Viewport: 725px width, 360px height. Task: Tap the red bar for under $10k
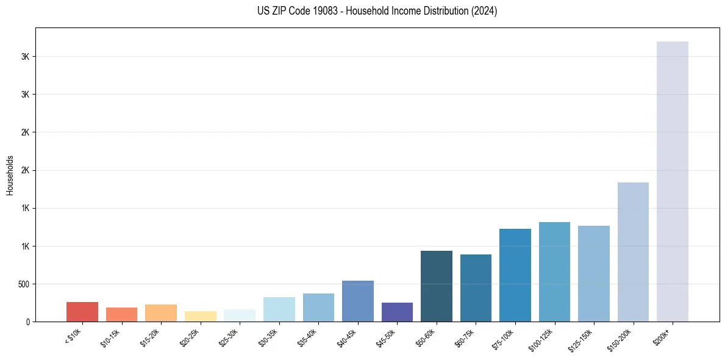click(x=82, y=312)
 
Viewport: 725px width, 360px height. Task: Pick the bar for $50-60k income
click(x=437, y=286)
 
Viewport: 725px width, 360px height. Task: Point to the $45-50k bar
click(x=397, y=312)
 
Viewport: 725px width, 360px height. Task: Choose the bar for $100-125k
click(x=554, y=272)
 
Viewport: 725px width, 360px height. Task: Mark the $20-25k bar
click(x=201, y=316)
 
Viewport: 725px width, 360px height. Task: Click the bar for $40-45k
click(x=358, y=301)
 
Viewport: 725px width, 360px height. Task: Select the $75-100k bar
click(x=515, y=275)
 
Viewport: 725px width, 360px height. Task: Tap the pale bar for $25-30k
click(x=240, y=315)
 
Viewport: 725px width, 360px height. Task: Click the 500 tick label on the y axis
click(x=24, y=284)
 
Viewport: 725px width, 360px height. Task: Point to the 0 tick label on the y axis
click(x=28, y=322)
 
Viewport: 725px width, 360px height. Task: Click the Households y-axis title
click(x=10, y=175)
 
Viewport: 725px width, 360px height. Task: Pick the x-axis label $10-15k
click(x=112, y=337)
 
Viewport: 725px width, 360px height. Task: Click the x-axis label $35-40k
click(x=309, y=337)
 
